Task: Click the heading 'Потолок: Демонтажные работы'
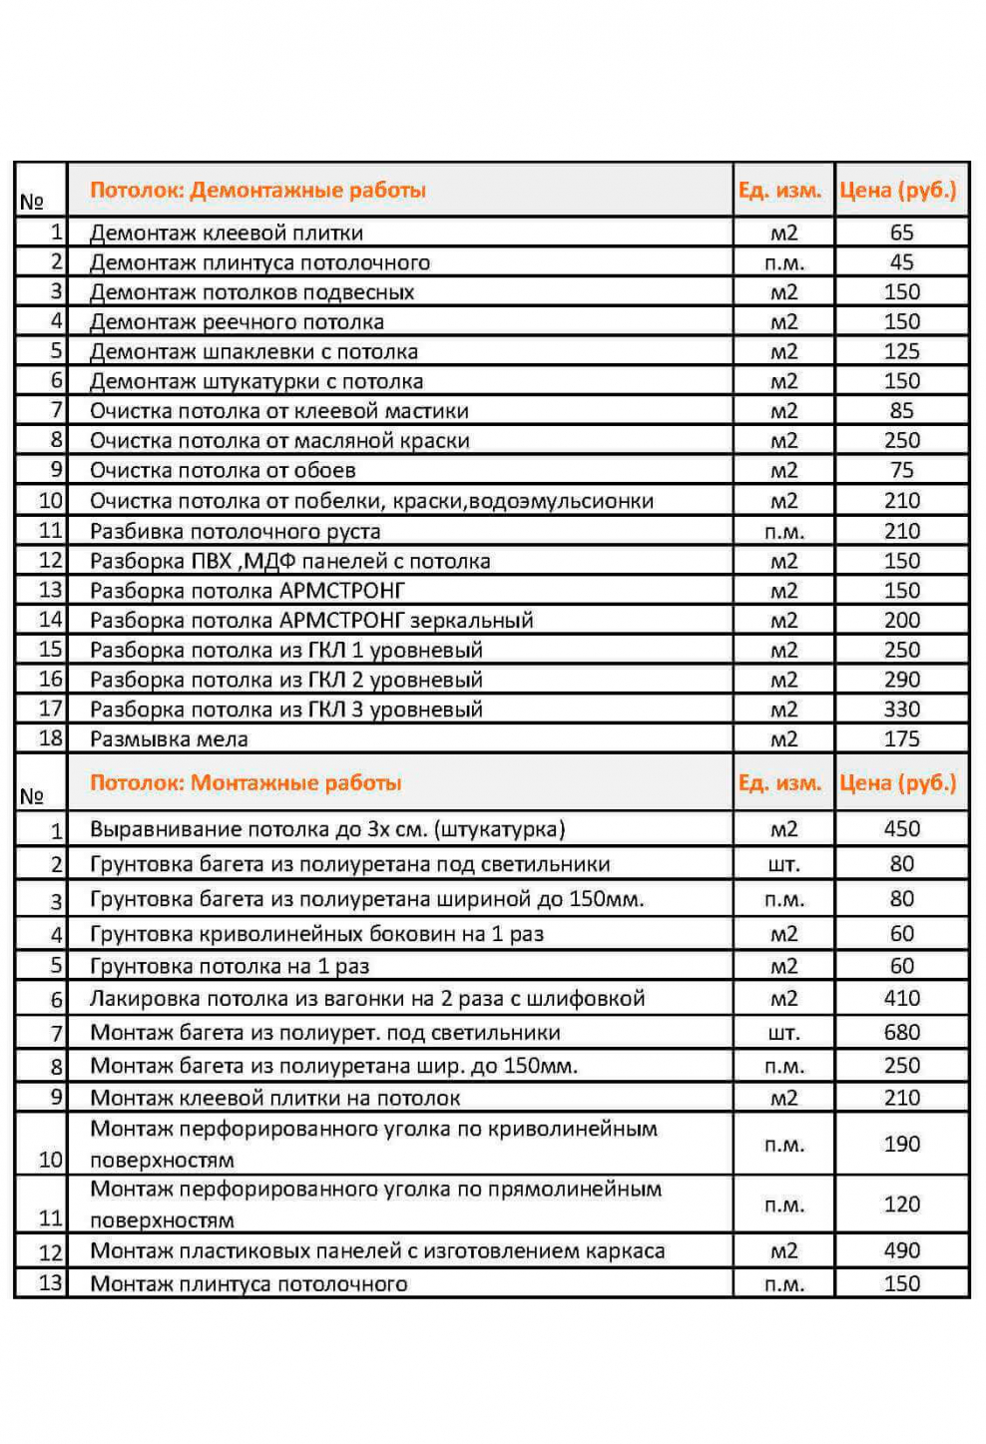(257, 190)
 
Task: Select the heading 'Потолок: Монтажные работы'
(246, 782)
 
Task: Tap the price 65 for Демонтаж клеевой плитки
(901, 233)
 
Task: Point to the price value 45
(901, 262)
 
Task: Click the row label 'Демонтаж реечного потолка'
(237, 322)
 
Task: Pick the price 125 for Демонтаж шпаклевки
(901, 351)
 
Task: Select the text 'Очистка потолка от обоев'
(223, 470)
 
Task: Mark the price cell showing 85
(901, 411)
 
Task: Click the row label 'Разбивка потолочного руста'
(235, 531)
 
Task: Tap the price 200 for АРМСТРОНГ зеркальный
(901, 620)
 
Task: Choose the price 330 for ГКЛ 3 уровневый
(901, 710)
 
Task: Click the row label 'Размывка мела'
(169, 739)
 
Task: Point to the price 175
(901, 739)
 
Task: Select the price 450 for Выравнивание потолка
(901, 829)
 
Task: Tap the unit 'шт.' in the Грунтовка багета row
(783, 864)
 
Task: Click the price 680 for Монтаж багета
(901, 1033)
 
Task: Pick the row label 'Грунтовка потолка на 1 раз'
(230, 966)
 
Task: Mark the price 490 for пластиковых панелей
(901, 1250)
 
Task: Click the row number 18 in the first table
(50, 738)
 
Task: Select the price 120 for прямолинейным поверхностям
(901, 1204)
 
